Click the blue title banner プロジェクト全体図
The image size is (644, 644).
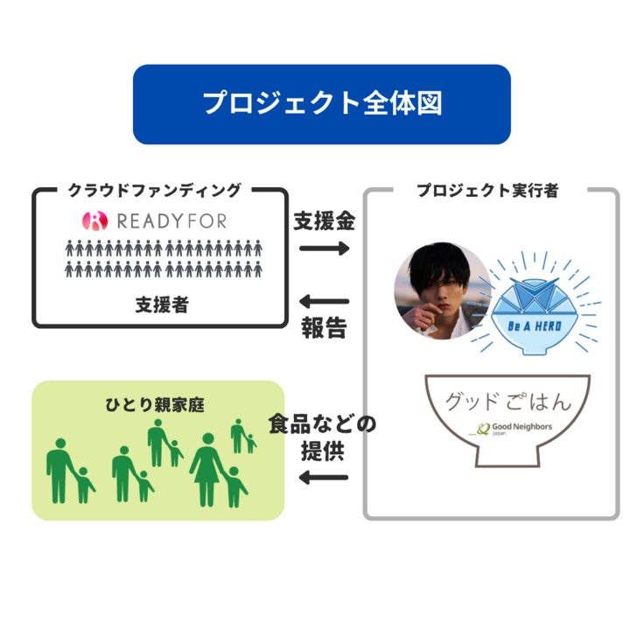[x=321, y=103]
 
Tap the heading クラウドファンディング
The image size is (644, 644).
[x=154, y=189]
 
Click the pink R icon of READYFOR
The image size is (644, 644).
[x=94, y=220]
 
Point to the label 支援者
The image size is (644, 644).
[x=161, y=304]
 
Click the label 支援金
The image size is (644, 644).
[x=324, y=220]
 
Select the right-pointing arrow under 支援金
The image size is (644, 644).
[x=324, y=248]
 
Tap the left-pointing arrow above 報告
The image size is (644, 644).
[x=324, y=301]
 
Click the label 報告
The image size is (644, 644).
[x=324, y=328]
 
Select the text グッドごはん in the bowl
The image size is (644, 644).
[x=507, y=402]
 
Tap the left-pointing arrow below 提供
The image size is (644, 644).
[x=324, y=478]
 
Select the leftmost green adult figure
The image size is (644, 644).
[x=59, y=469]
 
